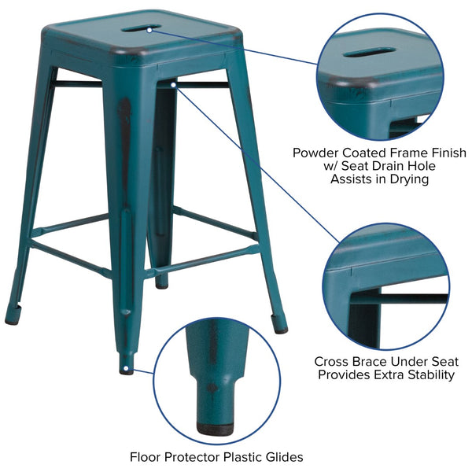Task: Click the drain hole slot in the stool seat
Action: [x=142, y=28]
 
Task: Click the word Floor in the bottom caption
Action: [x=147, y=456]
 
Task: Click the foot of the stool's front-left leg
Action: [x=127, y=368]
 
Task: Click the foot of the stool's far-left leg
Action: [x=12, y=319]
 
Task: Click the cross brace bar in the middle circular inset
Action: [x=409, y=299]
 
